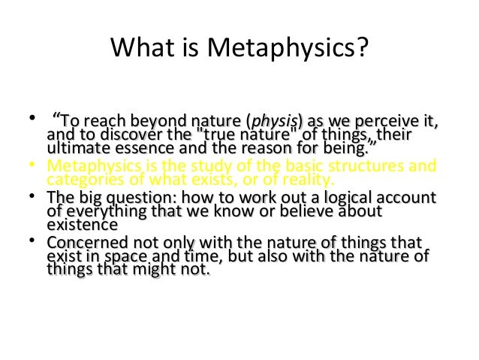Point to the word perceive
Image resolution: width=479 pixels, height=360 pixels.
[384, 120]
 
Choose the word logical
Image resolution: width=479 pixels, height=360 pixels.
[338, 198]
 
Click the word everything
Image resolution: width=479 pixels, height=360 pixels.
[104, 210]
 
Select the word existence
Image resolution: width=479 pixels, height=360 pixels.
[82, 224]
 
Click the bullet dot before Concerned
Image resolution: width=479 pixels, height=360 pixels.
[31, 241]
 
